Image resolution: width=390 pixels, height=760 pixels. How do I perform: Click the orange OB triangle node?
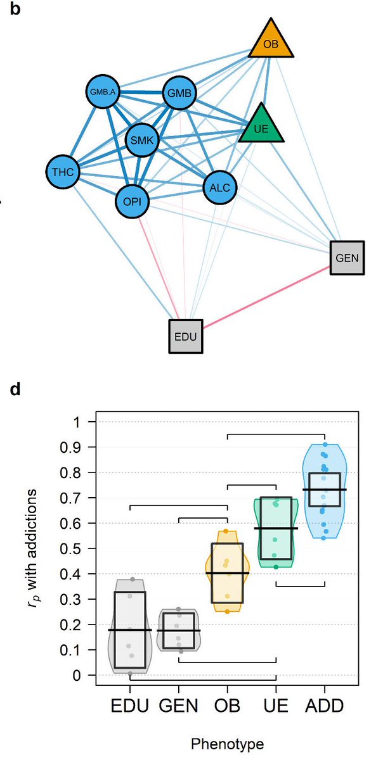(271, 42)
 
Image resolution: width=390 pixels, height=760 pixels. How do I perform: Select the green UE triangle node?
(261, 127)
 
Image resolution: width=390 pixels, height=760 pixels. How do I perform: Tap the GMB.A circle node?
(102, 92)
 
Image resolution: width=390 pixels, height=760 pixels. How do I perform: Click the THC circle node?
(63, 171)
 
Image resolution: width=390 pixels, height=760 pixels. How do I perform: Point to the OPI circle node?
(133, 202)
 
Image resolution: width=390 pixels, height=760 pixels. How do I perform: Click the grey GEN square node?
(347, 258)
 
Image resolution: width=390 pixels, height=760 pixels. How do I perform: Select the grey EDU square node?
(186, 336)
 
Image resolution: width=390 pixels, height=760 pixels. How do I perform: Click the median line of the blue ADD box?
(324, 490)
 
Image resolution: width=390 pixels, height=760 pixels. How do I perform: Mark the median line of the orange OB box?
(228, 573)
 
